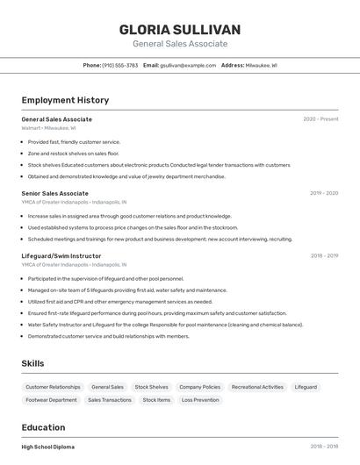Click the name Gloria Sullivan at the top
179,30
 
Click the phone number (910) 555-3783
119,65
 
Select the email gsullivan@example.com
188,65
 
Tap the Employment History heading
65,100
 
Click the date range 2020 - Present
320,119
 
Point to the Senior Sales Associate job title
54,193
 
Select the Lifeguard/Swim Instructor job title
61,256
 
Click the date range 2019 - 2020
324,193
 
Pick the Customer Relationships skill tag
53,387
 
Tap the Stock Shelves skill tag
151,387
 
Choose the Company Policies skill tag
199,387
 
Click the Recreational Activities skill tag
257,387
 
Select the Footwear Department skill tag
51,400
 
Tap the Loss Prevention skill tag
200,400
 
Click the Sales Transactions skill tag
110,400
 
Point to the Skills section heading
32,363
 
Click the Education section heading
43,427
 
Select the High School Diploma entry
48,447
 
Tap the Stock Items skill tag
156,400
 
